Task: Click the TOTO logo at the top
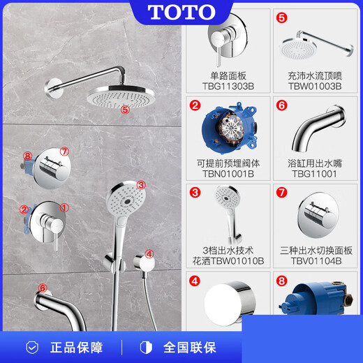(x=182, y=12)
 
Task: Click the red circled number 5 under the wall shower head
(x=125, y=110)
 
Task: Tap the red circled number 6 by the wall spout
(x=43, y=288)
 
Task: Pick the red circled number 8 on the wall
(x=27, y=156)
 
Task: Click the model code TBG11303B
(x=226, y=87)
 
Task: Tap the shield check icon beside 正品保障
(x=33, y=347)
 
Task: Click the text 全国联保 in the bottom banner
(x=191, y=347)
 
